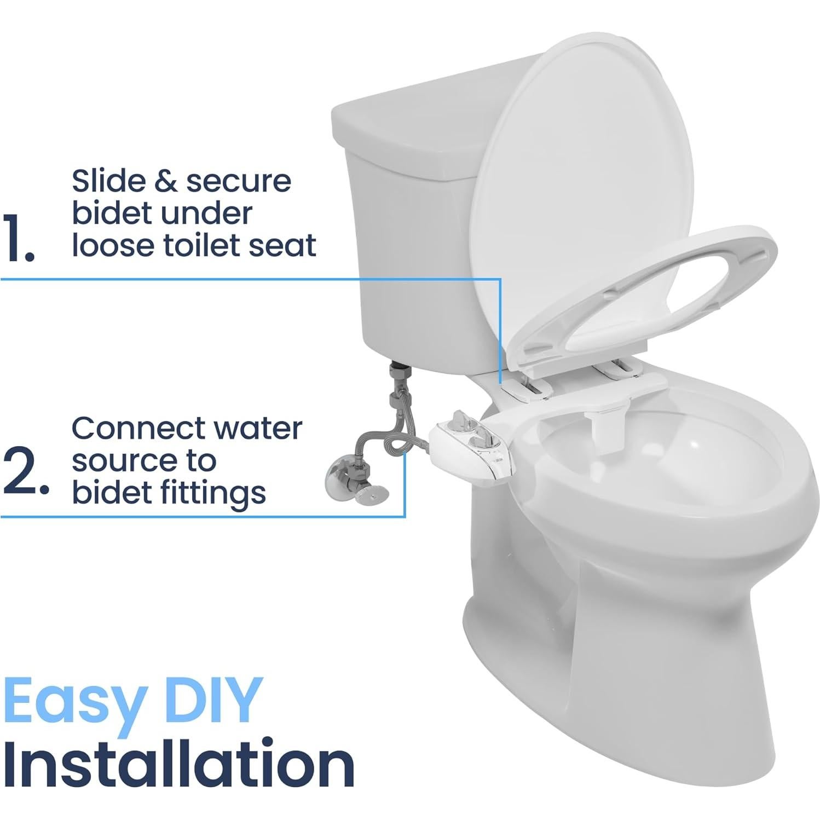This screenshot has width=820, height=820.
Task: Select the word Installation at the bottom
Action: [x=178, y=763]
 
